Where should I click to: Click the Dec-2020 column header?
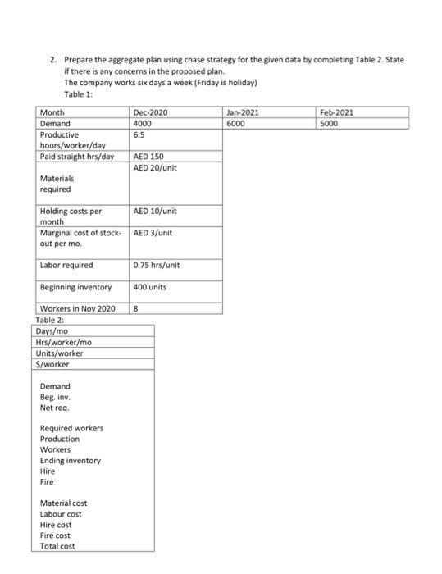tap(150, 112)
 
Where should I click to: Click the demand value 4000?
tap(144, 123)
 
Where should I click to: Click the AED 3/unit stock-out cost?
tap(153, 233)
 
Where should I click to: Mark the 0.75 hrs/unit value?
tap(156, 265)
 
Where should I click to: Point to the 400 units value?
tap(150, 287)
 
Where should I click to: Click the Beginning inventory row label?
tap(75, 287)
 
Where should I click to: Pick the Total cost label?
tap(57, 545)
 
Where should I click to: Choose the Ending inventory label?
tap(71, 461)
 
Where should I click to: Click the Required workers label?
tap(71, 429)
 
